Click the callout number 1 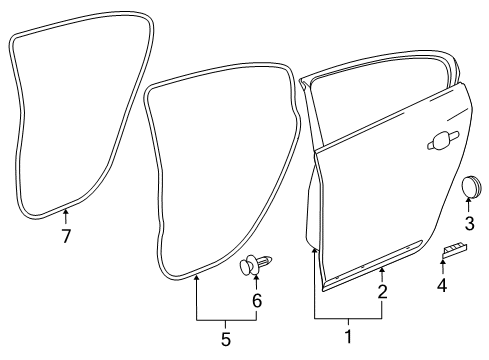(x=348, y=337)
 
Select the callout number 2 (x=382, y=292)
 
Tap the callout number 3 (x=468, y=222)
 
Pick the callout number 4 (x=442, y=285)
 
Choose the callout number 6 (x=256, y=300)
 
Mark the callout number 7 (x=66, y=237)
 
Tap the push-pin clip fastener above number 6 (x=255, y=265)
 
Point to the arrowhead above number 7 (x=66, y=212)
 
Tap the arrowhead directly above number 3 (x=468, y=203)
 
